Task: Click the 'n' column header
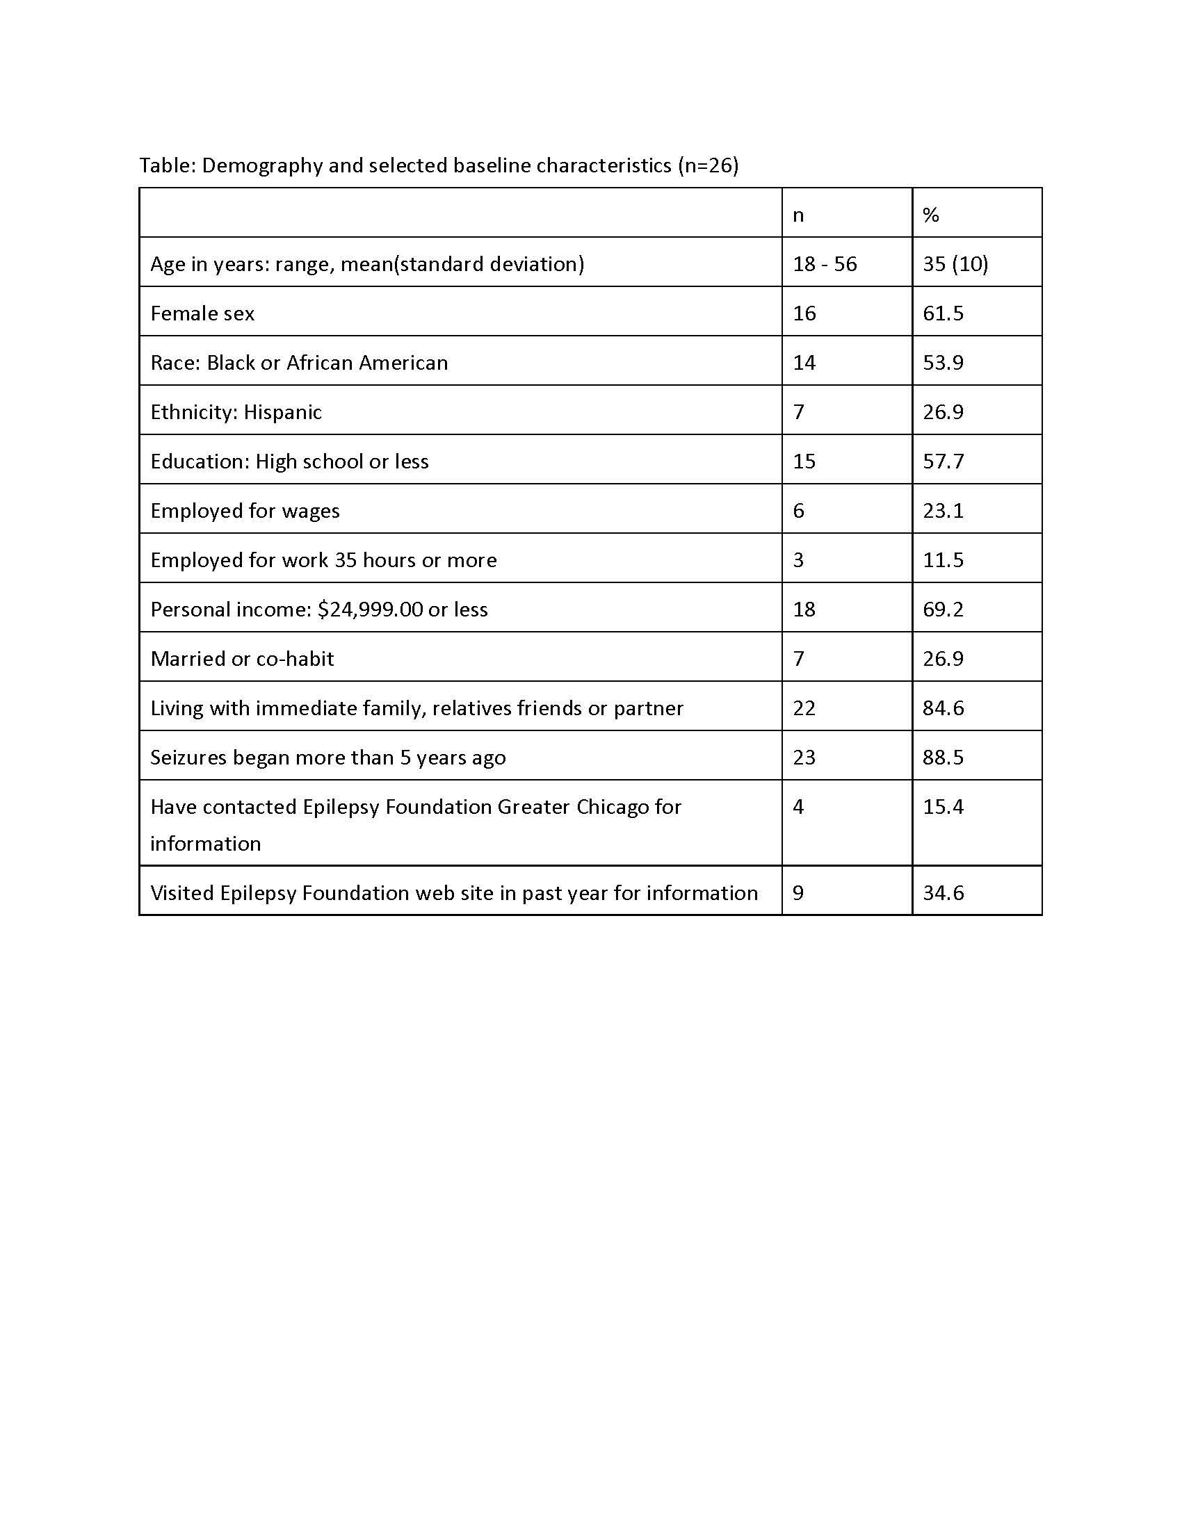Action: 798,215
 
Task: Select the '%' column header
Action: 930,215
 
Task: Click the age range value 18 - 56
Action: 824,264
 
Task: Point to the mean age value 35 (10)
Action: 955,264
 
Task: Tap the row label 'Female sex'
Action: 202,313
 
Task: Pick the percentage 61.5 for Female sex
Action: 943,313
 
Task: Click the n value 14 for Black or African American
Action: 804,363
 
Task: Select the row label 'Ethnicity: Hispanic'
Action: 236,412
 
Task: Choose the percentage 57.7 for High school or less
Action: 943,461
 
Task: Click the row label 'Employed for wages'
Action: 245,511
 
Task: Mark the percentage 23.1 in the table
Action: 943,510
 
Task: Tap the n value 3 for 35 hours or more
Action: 798,560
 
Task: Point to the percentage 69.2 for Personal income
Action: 943,609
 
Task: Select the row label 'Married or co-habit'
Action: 242,659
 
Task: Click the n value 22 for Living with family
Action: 804,708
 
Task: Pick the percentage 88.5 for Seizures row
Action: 943,758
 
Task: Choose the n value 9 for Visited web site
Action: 798,893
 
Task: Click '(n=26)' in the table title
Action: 708,166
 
